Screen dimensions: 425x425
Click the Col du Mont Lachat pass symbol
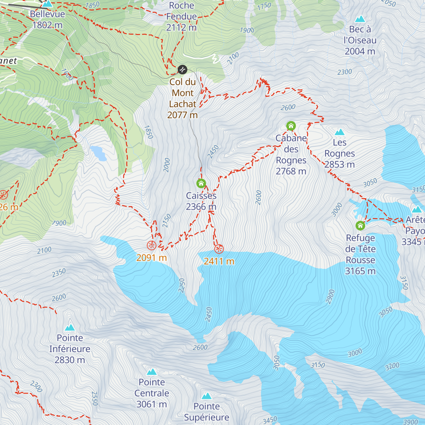point(182,69)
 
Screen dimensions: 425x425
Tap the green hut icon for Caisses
point(201,183)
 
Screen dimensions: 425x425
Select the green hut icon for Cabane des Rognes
point(291,126)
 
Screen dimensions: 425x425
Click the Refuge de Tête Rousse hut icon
point(360,225)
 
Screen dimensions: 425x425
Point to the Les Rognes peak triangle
point(340,132)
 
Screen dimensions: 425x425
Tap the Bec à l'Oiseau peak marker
point(360,19)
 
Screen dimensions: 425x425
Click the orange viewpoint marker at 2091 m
point(151,245)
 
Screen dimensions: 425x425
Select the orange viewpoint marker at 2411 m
point(219,249)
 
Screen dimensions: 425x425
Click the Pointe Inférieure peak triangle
point(70,328)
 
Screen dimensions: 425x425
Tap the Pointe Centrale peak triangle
point(152,372)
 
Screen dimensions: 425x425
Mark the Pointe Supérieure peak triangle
point(207,396)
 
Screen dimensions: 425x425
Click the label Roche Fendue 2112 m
point(181,16)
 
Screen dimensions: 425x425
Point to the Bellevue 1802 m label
point(47,19)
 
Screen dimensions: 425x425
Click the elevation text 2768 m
point(291,171)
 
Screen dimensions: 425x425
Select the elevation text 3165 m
point(360,271)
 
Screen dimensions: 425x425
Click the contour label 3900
point(410,421)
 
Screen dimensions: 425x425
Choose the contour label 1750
point(264,6)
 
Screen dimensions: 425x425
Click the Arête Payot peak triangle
point(417,209)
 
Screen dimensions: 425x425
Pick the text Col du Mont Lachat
point(182,93)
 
